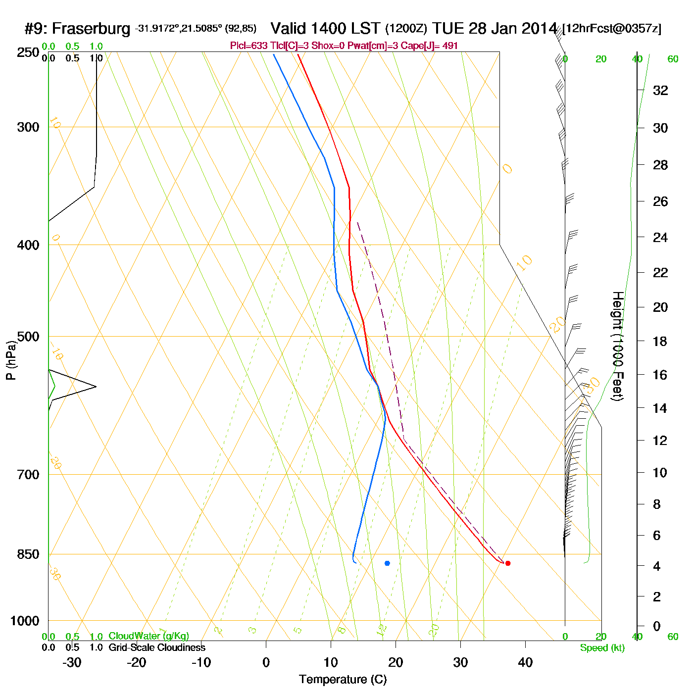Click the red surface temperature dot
(x=508, y=563)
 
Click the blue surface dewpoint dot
(x=387, y=563)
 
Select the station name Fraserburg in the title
(x=91, y=29)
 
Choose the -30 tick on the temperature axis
(x=72, y=662)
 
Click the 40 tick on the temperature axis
(x=525, y=662)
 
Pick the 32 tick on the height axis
(x=660, y=91)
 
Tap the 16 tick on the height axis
(x=660, y=375)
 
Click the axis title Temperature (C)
(x=343, y=680)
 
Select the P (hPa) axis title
(x=11, y=360)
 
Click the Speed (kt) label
(x=602, y=648)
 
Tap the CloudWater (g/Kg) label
(x=148, y=636)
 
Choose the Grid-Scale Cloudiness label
(x=157, y=647)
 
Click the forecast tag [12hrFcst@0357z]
(x=612, y=29)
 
